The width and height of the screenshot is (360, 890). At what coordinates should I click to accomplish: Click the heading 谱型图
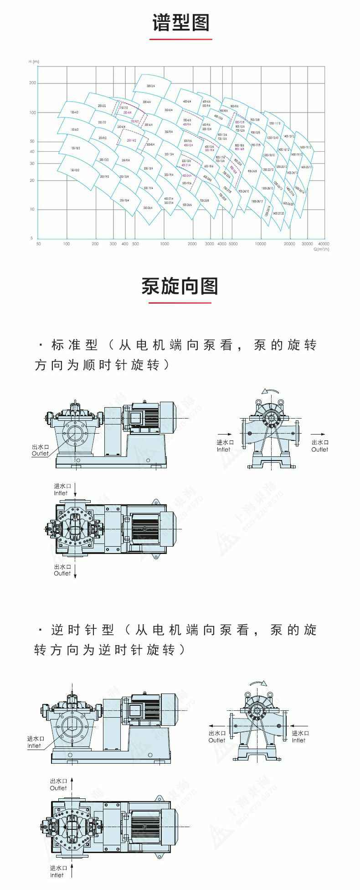tap(180, 23)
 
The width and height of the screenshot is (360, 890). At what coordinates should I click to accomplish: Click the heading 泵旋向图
tap(180, 286)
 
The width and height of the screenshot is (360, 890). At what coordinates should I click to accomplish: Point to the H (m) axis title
tap(33, 61)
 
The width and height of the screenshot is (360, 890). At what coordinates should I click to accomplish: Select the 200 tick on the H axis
tap(32, 83)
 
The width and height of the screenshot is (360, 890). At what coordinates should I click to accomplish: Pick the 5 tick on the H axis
tap(31, 238)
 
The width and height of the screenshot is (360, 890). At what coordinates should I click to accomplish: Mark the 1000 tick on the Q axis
tap(164, 244)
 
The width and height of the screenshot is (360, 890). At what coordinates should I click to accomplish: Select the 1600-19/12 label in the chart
tap(305, 147)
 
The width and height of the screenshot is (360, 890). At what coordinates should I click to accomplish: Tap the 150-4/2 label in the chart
tap(74, 112)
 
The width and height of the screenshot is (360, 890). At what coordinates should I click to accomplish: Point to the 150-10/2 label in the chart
tap(74, 170)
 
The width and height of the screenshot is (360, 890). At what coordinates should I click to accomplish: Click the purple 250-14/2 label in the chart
tap(132, 140)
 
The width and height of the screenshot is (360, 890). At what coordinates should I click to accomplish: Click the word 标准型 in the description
tap(75, 345)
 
